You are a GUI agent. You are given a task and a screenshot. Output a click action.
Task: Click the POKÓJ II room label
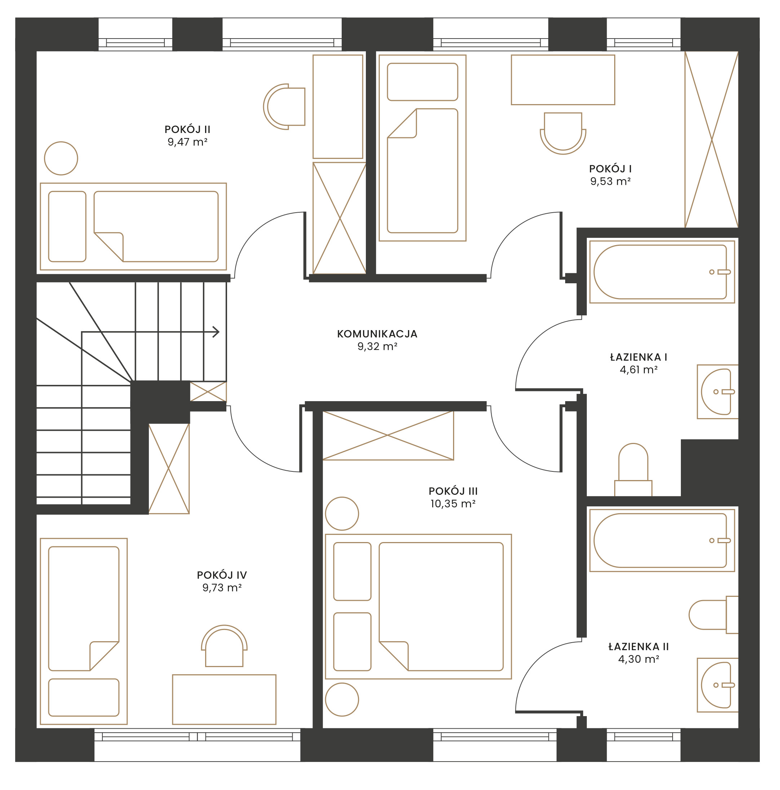pyautogui.click(x=187, y=129)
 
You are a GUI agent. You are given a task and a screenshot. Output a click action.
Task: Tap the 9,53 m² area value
pyautogui.click(x=610, y=181)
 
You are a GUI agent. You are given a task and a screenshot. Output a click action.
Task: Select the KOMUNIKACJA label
pyautogui.click(x=377, y=334)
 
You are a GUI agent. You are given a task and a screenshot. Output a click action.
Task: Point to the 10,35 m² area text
pyautogui.click(x=453, y=503)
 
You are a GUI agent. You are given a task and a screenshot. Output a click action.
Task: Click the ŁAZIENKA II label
pyautogui.click(x=638, y=647)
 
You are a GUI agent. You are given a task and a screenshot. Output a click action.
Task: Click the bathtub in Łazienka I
pyautogui.click(x=662, y=272)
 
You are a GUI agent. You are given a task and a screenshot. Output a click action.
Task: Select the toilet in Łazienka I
pyautogui.click(x=633, y=470)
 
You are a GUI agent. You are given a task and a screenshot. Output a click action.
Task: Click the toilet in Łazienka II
pyautogui.click(x=713, y=614)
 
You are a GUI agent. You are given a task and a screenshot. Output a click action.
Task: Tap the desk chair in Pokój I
pyautogui.click(x=563, y=133)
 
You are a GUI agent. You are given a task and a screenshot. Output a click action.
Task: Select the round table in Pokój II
pyautogui.click(x=61, y=158)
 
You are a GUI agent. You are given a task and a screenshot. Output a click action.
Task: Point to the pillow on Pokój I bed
pyautogui.click(x=422, y=82)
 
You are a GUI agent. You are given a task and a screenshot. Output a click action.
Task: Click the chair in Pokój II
pyautogui.click(x=284, y=106)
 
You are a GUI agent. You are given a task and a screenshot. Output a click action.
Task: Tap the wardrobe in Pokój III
pyautogui.click(x=388, y=435)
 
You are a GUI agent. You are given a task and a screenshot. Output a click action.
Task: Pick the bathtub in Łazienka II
pyautogui.click(x=662, y=540)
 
